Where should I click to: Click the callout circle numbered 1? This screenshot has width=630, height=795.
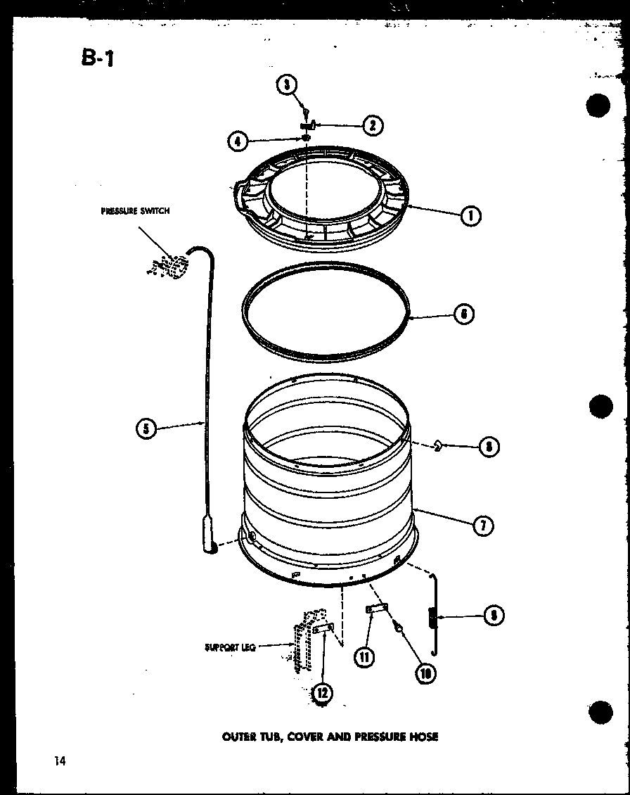[470, 216]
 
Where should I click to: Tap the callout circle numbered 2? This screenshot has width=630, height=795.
[372, 125]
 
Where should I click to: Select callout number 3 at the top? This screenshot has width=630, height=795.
[286, 85]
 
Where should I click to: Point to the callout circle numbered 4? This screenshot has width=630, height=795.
[238, 141]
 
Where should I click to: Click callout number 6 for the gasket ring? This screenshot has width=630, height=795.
[463, 314]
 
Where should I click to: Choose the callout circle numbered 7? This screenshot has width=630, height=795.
[483, 525]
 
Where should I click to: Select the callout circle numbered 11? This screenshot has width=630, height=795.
[364, 656]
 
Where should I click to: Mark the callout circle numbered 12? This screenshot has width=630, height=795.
[323, 693]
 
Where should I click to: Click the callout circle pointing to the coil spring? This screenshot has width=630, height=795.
[494, 616]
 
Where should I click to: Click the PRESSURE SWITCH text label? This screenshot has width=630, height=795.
[136, 210]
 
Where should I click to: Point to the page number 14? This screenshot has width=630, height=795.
[58, 761]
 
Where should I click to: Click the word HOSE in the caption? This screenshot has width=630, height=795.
[423, 737]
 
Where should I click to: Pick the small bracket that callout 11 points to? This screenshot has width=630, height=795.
[375, 609]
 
